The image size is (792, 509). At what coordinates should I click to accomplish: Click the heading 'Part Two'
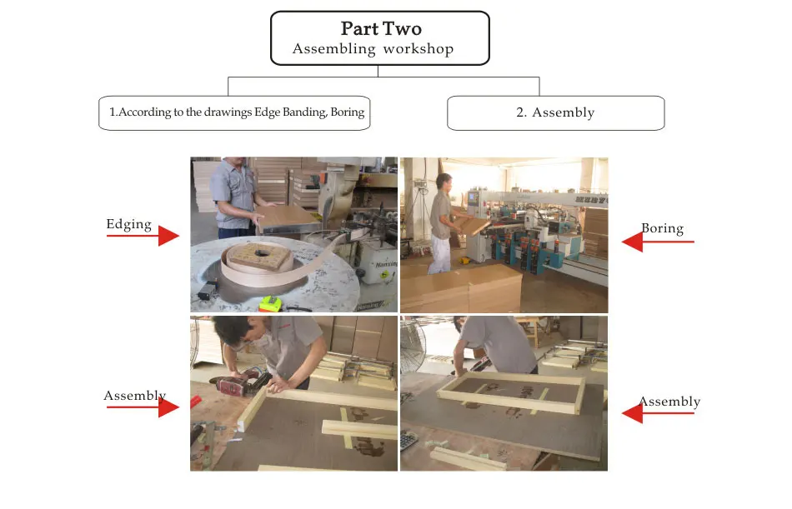(381, 29)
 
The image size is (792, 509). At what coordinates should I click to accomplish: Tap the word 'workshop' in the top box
(419, 49)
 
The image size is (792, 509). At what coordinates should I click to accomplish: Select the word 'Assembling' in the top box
(333, 49)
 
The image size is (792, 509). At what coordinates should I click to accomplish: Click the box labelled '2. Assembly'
(555, 113)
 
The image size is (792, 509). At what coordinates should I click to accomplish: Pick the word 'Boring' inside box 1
(348, 112)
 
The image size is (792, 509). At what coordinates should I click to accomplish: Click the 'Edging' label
(128, 224)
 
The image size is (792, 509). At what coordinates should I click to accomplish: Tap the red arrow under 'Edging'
(143, 236)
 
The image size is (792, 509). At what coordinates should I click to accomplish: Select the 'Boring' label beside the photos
(662, 229)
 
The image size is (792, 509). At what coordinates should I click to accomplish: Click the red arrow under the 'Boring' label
(658, 242)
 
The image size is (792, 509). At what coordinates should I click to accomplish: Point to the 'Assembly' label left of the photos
(135, 396)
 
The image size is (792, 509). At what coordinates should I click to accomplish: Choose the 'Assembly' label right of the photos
(669, 402)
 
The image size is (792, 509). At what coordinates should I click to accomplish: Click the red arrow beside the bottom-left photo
(143, 407)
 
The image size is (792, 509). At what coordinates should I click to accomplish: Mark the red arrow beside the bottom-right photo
(658, 413)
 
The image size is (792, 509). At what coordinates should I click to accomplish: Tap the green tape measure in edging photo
(270, 304)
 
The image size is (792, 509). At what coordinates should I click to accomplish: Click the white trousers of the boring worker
(439, 255)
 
